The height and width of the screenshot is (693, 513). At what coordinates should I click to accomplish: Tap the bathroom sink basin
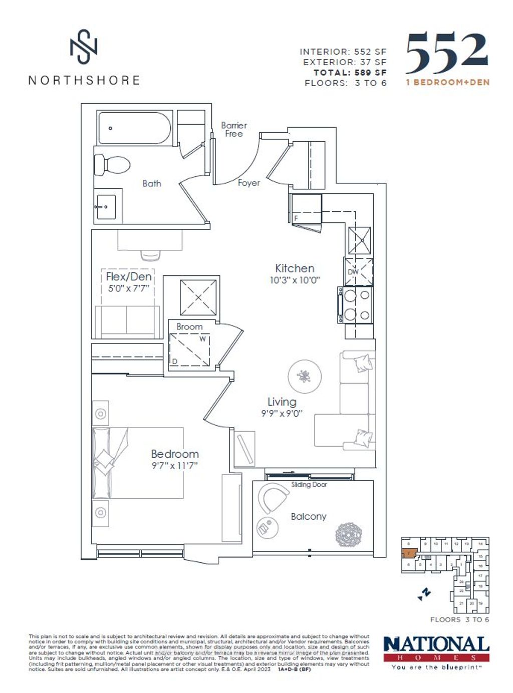point(107,207)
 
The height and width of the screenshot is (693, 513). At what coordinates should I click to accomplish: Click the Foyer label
point(248,183)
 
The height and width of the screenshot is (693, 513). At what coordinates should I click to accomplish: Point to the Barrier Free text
point(234,130)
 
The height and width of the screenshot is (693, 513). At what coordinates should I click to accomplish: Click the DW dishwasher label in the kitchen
point(353,272)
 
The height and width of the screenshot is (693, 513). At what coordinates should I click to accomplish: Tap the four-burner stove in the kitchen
point(356,305)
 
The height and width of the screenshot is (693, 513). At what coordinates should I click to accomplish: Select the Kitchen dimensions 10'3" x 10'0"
point(295,280)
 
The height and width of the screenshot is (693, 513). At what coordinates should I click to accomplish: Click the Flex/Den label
point(128,276)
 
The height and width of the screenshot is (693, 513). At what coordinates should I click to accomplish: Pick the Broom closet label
point(189,326)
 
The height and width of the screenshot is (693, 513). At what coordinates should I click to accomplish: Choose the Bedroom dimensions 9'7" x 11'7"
point(175,466)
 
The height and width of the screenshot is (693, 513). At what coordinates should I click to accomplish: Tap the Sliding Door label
point(309,485)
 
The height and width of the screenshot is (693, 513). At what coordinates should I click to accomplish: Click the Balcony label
point(308,516)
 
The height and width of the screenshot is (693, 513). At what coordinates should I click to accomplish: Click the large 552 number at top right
point(446,53)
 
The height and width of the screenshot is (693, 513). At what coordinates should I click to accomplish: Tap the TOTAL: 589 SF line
point(350,73)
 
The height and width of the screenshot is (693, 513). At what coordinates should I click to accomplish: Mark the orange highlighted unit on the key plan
point(409,554)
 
